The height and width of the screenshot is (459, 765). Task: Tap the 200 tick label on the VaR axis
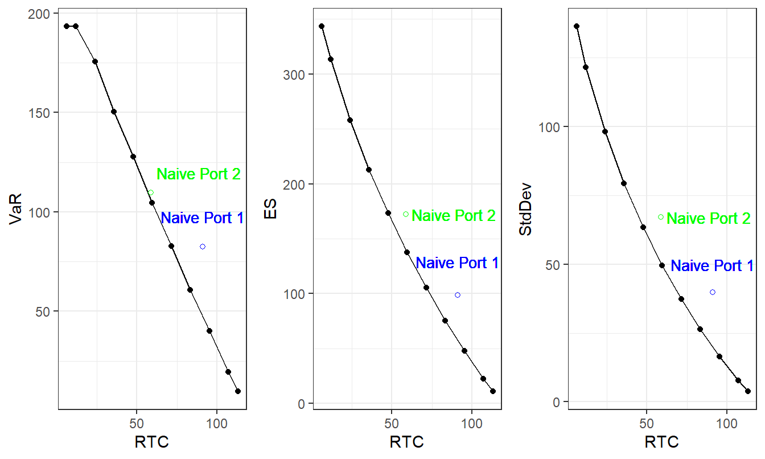38,13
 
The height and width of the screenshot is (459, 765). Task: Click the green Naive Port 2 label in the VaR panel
199,174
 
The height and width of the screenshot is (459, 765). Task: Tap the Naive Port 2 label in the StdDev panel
708,219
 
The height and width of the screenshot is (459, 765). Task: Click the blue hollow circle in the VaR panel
203,247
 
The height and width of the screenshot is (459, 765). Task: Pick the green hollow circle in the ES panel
406,214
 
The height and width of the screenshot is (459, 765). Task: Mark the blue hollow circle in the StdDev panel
712,292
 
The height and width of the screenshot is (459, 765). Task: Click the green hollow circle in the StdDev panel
661,217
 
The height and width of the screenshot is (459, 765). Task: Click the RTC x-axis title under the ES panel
406,442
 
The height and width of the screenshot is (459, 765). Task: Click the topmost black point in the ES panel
322,26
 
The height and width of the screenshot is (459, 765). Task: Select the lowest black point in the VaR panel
238,391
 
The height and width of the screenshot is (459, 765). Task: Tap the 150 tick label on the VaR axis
38,112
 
